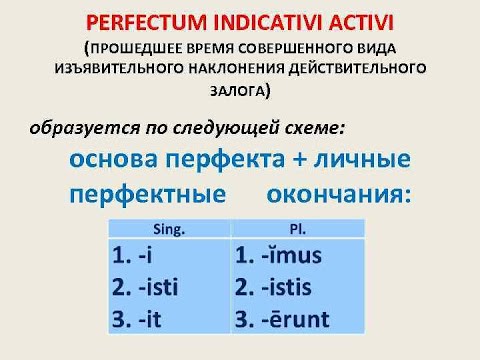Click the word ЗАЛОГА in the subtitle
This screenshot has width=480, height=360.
pos(240,89)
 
